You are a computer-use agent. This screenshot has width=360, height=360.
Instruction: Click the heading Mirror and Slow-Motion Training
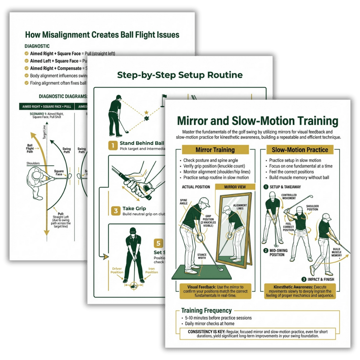(x=257, y=121)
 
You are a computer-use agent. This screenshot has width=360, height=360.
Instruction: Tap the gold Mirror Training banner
(x=215, y=150)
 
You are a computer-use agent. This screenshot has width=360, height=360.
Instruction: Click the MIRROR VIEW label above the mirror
(x=235, y=187)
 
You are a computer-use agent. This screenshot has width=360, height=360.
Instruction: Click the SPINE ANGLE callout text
(x=184, y=202)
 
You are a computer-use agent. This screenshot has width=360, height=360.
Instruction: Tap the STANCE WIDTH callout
(x=202, y=257)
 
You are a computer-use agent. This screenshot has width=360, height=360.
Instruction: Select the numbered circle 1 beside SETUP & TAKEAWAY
(x=266, y=187)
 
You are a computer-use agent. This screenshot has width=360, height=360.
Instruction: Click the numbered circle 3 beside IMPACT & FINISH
(x=304, y=279)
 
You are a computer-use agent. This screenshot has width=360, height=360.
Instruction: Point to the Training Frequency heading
(x=206, y=311)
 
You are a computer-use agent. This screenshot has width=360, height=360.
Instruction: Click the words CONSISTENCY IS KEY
(x=206, y=332)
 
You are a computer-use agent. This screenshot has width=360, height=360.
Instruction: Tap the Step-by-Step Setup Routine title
(x=180, y=75)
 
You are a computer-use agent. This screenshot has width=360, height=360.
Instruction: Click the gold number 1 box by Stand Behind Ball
(x=113, y=145)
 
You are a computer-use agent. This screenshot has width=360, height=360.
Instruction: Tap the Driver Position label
(x=117, y=270)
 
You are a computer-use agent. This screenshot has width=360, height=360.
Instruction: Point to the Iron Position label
(x=152, y=270)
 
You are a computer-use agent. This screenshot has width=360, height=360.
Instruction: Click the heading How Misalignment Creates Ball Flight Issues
(x=102, y=35)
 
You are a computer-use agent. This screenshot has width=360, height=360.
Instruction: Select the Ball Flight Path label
(x=30, y=148)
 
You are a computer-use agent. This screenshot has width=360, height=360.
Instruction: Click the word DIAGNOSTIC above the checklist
(x=37, y=46)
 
